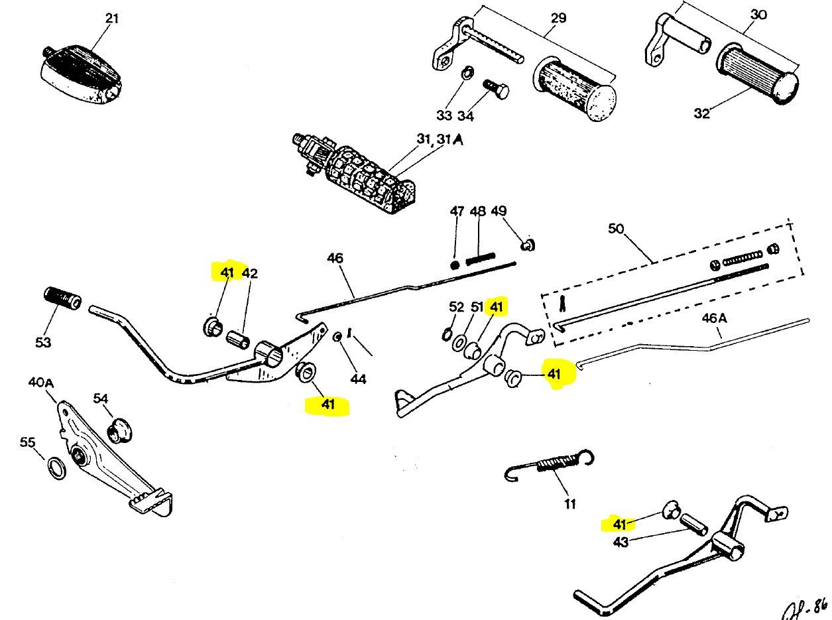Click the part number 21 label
click(x=112, y=18)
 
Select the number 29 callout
click(x=559, y=18)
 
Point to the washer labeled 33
click(x=467, y=72)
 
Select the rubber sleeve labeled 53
click(x=62, y=299)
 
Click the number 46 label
click(x=335, y=257)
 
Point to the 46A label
click(x=714, y=318)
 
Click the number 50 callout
click(x=616, y=228)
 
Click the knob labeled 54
click(x=119, y=430)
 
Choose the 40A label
click(x=41, y=383)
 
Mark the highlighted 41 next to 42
click(x=227, y=273)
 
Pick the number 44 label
click(x=358, y=379)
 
